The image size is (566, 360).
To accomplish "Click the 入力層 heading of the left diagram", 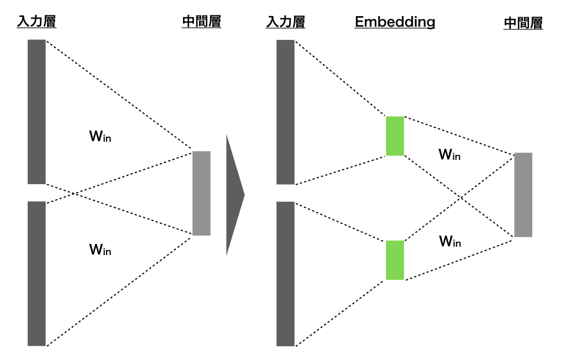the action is pyautogui.click(x=36, y=22).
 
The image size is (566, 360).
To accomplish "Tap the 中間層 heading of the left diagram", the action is pyautogui.click(x=201, y=22).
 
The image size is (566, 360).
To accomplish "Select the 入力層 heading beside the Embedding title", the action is pyautogui.click(x=286, y=22).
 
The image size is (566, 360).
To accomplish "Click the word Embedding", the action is pyautogui.click(x=395, y=22).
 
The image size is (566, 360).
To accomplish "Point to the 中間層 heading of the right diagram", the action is pyautogui.click(x=523, y=23).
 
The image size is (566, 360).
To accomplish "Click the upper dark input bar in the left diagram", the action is pyautogui.click(x=36, y=112).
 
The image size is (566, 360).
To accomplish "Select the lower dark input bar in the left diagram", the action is pyautogui.click(x=36, y=274).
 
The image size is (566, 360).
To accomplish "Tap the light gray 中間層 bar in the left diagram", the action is pyautogui.click(x=201, y=193).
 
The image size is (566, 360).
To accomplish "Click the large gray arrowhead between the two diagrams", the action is pyautogui.click(x=235, y=195).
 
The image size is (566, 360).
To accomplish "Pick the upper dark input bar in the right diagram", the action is pyautogui.click(x=286, y=112).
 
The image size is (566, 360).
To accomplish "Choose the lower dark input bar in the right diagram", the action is pyautogui.click(x=286, y=274).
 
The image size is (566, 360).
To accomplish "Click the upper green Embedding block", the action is pyautogui.click(x=395, y=136).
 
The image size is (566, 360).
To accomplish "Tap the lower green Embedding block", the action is pyautogui.click(x=395, y=260).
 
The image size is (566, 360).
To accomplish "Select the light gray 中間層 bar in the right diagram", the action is pyautogui.click(x=523, y=195).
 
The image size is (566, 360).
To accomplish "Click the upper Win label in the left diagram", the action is pyautogui.click(x=100, y=136).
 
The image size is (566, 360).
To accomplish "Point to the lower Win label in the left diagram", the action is pyautogui.click(x=100, y=249).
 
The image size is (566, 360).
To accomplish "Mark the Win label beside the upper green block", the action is pyautogui.click(x=449, y=154).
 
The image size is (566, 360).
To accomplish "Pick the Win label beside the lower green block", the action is pyautogui.click(x=450, y=241).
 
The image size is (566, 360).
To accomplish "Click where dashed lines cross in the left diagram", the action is pyautogui.click(x=75, y=194).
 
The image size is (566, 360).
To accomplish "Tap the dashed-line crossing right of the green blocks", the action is pyautogui.click(x=460, y=197).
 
